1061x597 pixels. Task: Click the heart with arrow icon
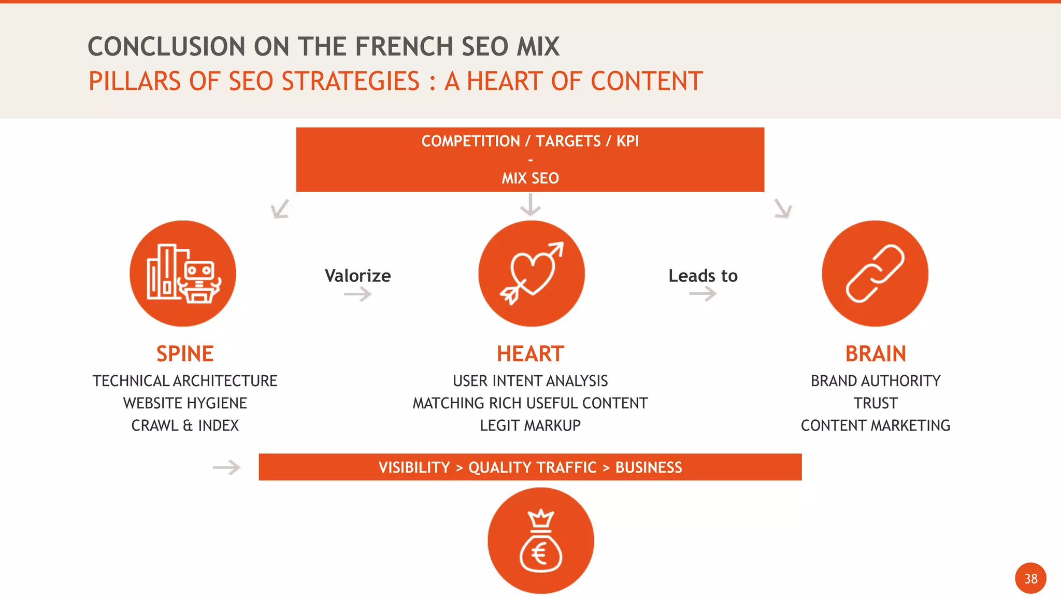(531, 274)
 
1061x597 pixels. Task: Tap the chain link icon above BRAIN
(875, 274)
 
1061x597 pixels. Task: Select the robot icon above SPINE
(183, 274)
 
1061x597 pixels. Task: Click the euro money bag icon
(540, 541)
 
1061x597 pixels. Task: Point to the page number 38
(1030, 578)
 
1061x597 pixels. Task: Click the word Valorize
(357, 276)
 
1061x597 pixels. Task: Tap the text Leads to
(703, 276)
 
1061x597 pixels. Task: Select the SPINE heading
(185, 354)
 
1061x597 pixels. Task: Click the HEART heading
(530, 354)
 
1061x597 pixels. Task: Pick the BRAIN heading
(876, 354)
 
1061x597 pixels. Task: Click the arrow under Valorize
(358, 295)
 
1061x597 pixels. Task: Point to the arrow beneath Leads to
(703, 294)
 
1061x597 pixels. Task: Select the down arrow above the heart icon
(530, 205)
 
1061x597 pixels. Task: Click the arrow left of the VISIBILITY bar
(227, 467)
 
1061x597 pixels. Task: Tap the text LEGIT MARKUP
(530, 425)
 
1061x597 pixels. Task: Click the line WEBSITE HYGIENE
(185, 403)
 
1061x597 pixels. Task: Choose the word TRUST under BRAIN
(876, 403)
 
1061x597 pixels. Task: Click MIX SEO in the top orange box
(530, 178)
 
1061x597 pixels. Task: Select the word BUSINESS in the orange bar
(649, 467)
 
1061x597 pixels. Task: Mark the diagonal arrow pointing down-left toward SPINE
(280, 209)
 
